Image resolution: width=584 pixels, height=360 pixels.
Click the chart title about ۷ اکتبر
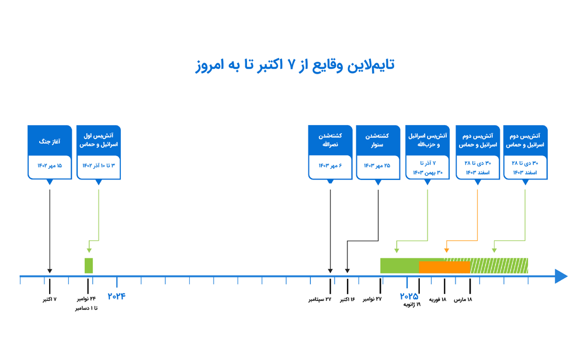(x=294, y=65)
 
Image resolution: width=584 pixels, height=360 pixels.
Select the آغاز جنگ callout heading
(x=50, y=141)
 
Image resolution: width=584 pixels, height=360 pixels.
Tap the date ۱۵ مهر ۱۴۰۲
(x=50, y=165)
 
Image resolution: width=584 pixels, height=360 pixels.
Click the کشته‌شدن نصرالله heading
(x=330, y=140)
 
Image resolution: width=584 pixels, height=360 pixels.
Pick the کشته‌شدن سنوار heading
(x=377, y=140)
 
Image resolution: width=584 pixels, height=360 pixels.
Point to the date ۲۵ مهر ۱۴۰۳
(x=377, y=165)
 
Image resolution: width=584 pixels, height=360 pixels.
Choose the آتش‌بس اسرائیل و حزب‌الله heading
(x=427, y=140)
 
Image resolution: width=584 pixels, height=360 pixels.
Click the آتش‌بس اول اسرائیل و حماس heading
(x=99, y=140)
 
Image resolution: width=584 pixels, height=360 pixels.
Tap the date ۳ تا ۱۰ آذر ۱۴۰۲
(x=99, y=165)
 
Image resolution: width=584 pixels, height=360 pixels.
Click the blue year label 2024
(x=117, y=296)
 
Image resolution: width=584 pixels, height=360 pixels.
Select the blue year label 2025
(x=409, y=296)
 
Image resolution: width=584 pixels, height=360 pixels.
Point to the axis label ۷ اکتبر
(x=50, y=299)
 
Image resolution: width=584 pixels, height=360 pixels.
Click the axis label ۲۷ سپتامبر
(x=320, y=299)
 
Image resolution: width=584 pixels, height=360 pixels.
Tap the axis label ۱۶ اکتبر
(x=347, y=299)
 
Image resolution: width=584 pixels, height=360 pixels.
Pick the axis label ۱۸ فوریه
(x=437, y=299)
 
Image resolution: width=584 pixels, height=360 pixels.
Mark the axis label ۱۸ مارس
(x=463, y=299)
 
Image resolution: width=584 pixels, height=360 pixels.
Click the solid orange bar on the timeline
(x=444, y=267)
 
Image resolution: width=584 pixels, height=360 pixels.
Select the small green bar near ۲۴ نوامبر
(x=89, y=266)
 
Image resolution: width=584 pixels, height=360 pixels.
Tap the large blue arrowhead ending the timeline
(x=561, y=276)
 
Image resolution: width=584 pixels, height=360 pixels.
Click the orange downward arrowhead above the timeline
(x=447, y=251)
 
